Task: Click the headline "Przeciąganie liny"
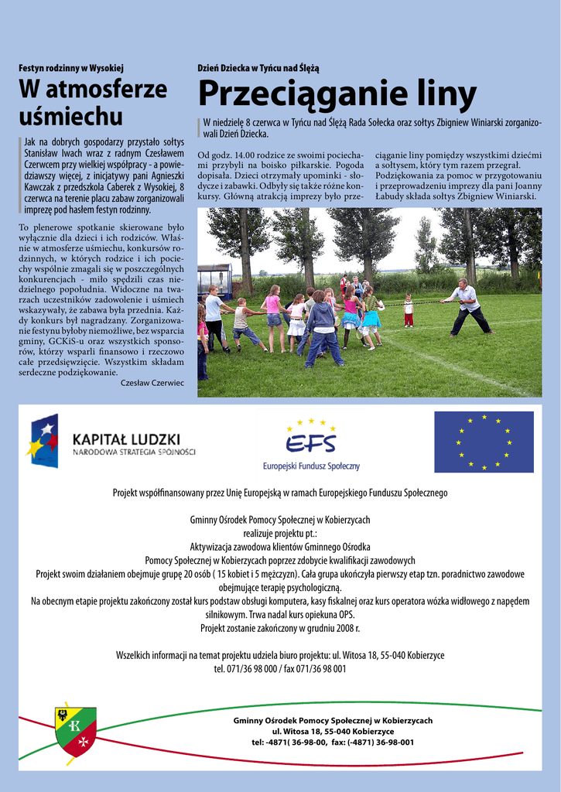(x=337, y=94)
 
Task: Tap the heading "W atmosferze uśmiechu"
(x=92, y=103)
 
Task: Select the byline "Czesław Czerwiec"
(x=152, y=382)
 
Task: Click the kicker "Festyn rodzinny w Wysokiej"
(x=71, y=68)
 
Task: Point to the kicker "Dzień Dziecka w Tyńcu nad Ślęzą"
(x=258, y=68)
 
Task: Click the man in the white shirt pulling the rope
(x=468, y=306)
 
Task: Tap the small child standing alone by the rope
(x=408, y=310)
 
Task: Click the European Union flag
(x=484, y=442)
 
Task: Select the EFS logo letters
(x=311, y=443)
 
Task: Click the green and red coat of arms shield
(x=75, y=729)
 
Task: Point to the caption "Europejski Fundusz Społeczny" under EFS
(x=311, y=466)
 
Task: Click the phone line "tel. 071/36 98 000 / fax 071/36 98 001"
(x=280, y=668)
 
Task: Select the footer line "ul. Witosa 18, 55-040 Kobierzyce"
(x=333, y=731)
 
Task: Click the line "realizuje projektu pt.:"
(x=280, y=533)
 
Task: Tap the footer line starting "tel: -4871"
(x=333, y=742)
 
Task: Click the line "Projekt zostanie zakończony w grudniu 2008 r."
(x=280, y=628)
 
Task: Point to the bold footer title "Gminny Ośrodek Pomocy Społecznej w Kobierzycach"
(x=333, y=720)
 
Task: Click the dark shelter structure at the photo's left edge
(x=214, y=281)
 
